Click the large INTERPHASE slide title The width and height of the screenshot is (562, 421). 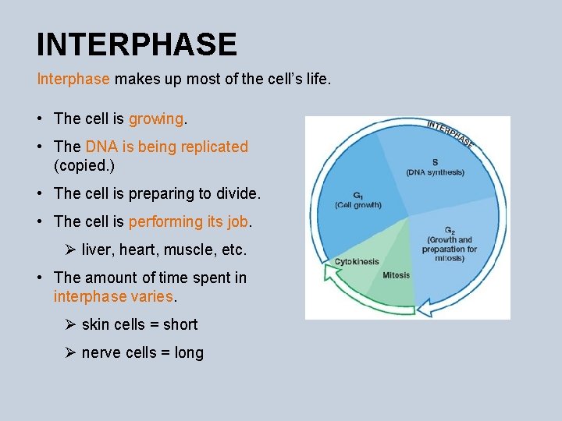click(x=137, y=44)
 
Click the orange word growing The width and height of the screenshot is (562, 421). click(x=156, y=119)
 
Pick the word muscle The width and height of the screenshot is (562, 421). click(x=187, y=250)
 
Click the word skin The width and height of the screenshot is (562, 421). click(x=96, y=324)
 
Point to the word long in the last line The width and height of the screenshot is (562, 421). click(x=189, y=352)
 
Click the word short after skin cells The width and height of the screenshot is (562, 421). click(x=180, y=324)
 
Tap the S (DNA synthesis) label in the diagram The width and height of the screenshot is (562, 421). click(x=435, y=168)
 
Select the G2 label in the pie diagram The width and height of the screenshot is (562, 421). click(x=449, y=231)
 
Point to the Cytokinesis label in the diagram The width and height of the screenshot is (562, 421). click(x=356, y=262)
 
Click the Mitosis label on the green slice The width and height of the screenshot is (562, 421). click(x=397, y=275)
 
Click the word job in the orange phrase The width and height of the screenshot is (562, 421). click(x=237, y=221)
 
